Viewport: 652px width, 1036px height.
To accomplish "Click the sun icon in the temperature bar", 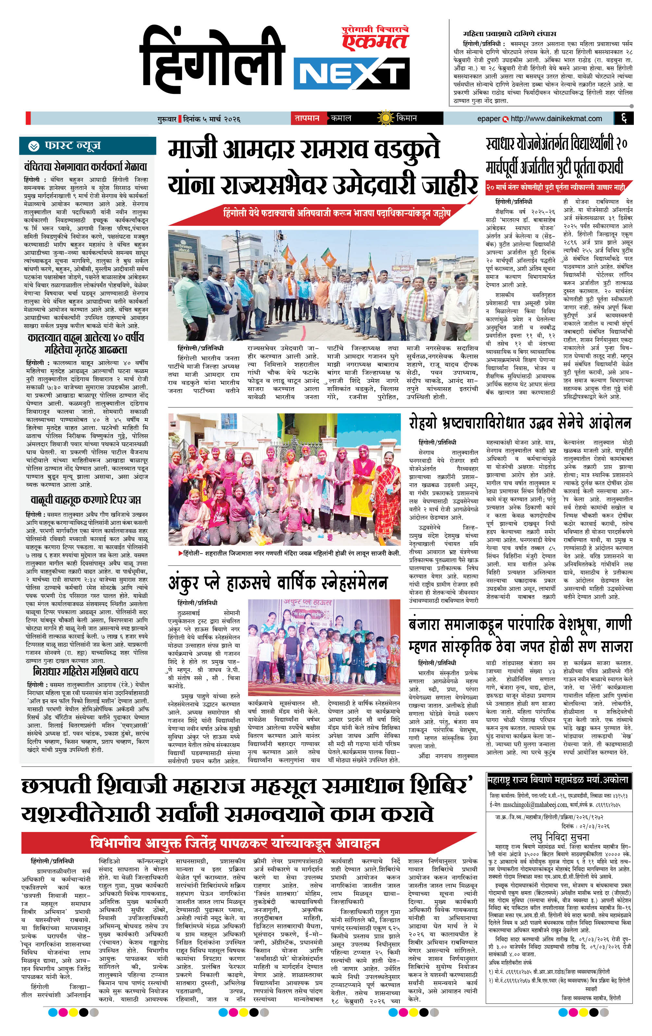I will tap(385, 118).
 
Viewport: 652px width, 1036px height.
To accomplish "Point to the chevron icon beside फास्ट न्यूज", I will tap(33, 146).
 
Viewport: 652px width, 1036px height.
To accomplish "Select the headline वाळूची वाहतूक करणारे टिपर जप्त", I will tap(86, 500).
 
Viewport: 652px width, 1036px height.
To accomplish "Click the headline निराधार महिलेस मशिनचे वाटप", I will tap(86, 671).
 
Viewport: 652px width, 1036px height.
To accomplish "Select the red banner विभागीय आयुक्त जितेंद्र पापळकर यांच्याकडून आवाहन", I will tap(235, 842).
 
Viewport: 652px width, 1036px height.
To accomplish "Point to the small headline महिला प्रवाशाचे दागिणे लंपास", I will tap(510, 33).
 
